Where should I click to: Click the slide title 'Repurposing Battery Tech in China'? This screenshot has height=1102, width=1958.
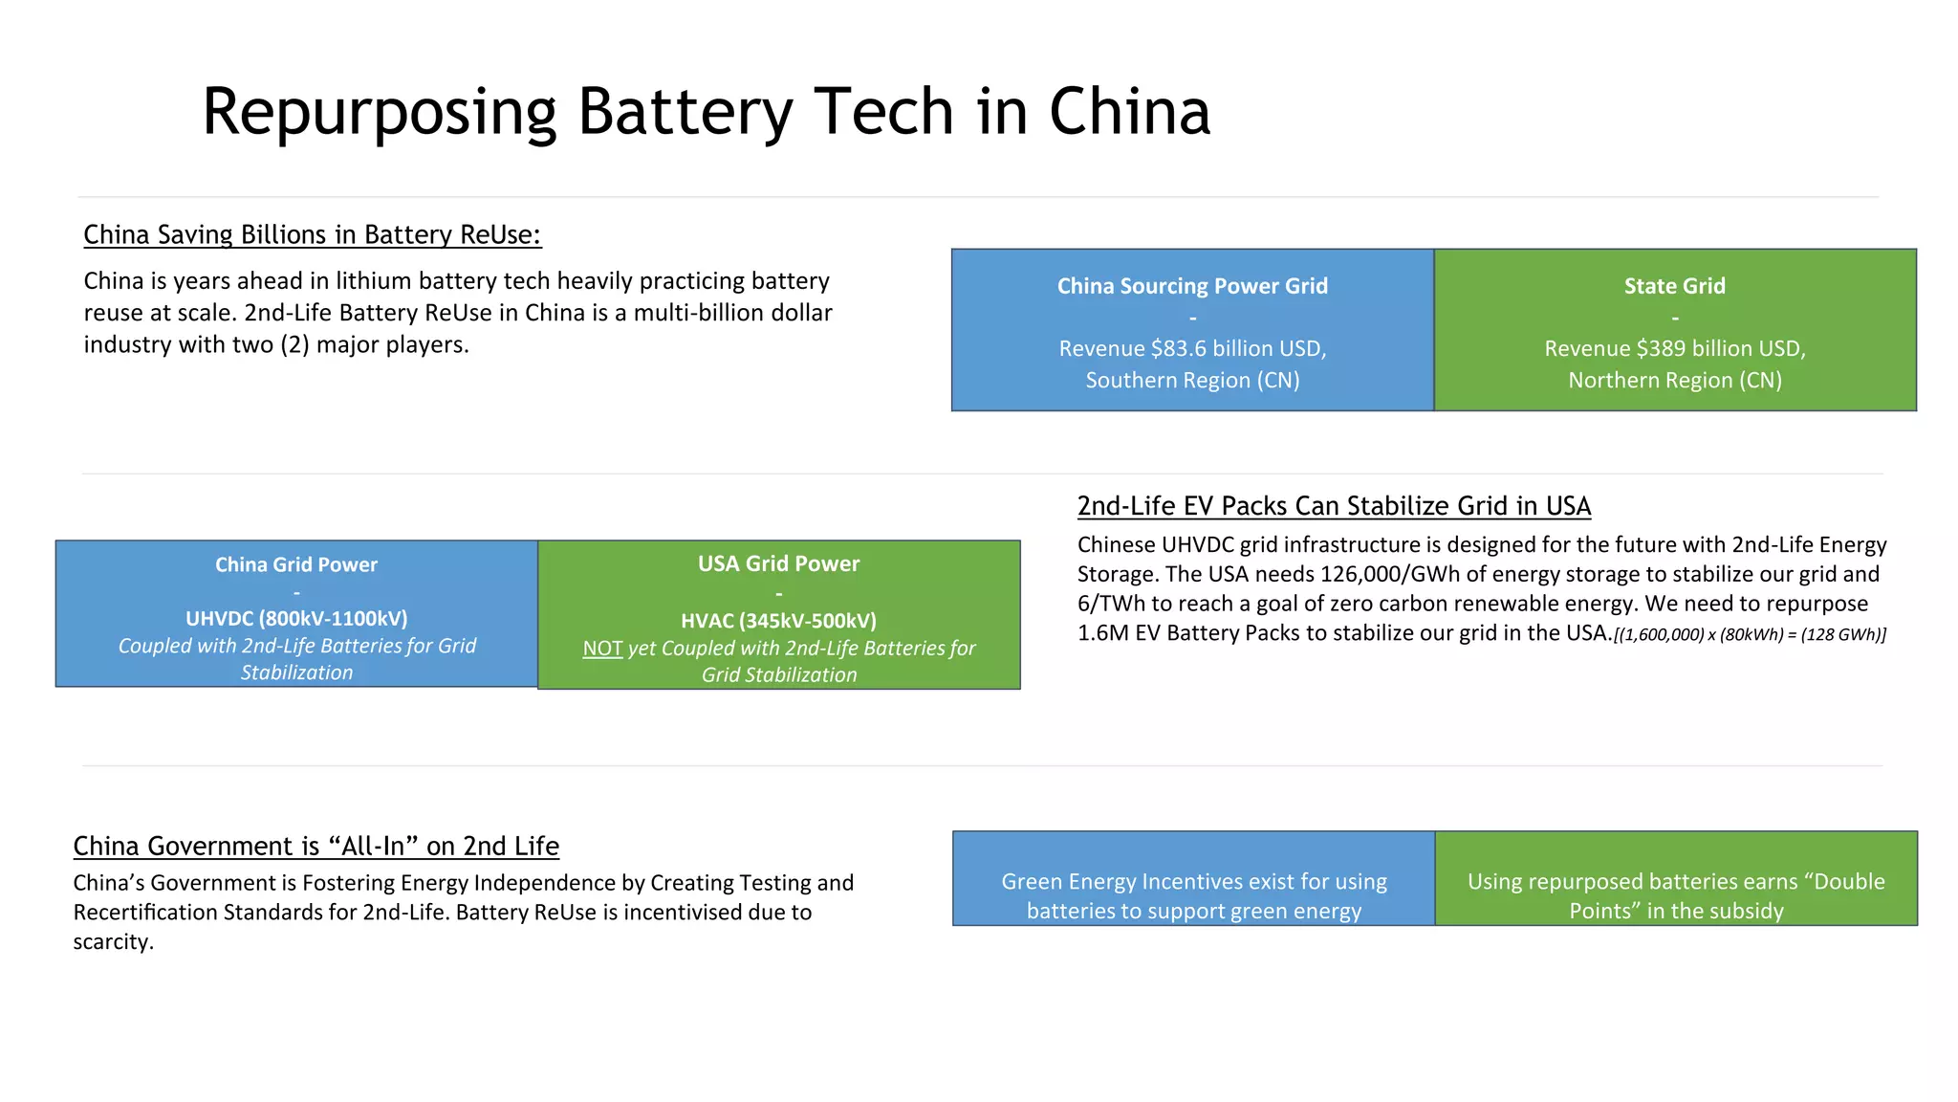click(x=706, y=112)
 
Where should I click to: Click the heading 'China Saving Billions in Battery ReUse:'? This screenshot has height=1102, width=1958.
click(x=312, y=234)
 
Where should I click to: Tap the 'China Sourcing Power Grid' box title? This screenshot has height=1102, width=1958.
click(x=1192, y=286)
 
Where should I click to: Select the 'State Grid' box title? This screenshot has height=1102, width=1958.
click(x=1674, y=286)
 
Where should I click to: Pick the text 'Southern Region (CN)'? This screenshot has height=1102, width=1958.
click(x=1192, y=380)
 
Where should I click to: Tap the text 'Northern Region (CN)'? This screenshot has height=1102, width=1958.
click(x=1674, y=380)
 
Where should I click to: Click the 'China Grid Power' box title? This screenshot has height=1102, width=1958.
click(x=296, y=564)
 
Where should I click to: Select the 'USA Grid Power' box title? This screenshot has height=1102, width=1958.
click(x=778, y=563)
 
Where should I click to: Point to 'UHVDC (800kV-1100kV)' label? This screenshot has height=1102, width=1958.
click(x=296, y=618)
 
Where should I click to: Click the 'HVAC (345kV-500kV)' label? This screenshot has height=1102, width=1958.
click(x=778, y=620)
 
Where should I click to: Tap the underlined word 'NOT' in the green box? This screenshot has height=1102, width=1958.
click(x=602, y=649)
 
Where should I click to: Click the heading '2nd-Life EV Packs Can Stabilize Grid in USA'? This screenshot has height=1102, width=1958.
click(x=1334, y=505)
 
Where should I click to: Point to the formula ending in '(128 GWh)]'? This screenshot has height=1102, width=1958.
click(x=1750, y=634)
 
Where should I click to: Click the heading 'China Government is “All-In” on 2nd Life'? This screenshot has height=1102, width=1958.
click(x=315, y=846)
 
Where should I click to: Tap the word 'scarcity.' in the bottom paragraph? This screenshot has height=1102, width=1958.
click(x=113, y=941)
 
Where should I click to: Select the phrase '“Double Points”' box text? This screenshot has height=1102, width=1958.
click(x=1676, y=895)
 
